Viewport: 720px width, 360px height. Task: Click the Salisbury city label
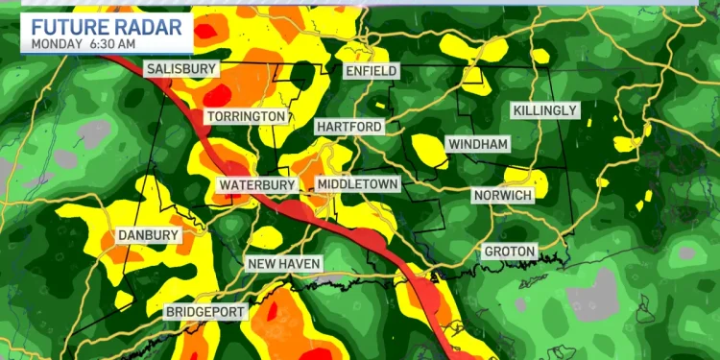[181, 69]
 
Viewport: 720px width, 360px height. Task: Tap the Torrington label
[245, 116]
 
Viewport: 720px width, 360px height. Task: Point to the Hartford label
[348, 127]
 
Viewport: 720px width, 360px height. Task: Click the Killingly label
[545, 111]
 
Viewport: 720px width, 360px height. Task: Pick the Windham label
[477, 144]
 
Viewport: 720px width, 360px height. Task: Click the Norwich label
[503, 195]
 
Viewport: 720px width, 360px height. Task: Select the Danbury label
[148, 235]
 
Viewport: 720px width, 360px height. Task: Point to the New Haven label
[284, 264]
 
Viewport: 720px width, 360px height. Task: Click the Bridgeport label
[205, 312]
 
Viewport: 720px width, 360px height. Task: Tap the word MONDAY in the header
[56, 42]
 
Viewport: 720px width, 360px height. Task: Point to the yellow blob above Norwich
[527, 178]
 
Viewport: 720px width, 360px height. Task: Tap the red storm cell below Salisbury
[216, 94]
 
